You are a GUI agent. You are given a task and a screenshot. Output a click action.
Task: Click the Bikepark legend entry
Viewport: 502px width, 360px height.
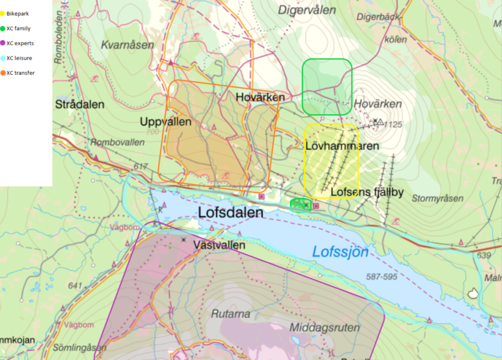(x=17, y=14)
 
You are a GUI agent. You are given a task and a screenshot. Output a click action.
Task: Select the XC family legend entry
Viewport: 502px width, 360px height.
(x=18, y=28)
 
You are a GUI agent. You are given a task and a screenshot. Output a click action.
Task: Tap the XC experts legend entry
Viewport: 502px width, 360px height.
(x=20, y=43)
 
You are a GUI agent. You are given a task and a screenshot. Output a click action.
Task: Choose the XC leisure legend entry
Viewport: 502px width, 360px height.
(x=19, y=58)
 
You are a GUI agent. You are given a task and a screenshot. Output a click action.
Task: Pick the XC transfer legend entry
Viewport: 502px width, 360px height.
(x=20, y=73)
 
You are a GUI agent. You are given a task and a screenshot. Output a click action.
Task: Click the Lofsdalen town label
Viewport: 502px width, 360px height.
(x=230, y=212)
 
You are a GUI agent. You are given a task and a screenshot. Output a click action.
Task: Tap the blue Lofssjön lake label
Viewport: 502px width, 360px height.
(x=340, y=252)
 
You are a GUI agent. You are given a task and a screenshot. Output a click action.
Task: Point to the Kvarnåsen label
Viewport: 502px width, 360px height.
(x=127, y=45)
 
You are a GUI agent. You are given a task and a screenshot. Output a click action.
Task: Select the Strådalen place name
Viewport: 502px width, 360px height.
(x=80, y=104)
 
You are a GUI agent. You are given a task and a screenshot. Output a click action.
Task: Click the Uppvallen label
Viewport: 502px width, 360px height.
(x=166, y=122)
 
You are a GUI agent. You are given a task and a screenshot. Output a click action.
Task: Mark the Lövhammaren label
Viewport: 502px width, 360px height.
(x=342, y=146)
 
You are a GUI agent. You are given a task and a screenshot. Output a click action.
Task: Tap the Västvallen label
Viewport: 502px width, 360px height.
(x=219, y=245)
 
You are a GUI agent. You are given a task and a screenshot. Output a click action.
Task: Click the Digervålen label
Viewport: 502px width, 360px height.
(x=307, y=10)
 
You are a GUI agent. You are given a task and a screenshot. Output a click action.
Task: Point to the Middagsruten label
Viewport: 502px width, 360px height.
(x=324, y=327)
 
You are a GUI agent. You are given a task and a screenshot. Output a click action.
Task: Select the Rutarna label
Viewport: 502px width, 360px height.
(x=230, y=314)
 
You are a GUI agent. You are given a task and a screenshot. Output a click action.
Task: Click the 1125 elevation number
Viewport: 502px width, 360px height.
(x=393, y=125)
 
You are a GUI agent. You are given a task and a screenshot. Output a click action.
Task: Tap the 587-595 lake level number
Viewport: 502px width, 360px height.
(x=381, y=277)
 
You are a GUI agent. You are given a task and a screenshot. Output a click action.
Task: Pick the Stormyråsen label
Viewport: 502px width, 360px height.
(x=437, y=199)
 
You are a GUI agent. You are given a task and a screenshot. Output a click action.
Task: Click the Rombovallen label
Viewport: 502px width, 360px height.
(x=118, y=142)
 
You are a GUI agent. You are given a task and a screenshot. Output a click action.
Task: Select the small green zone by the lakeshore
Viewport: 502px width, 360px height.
(x=301, y=205)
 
